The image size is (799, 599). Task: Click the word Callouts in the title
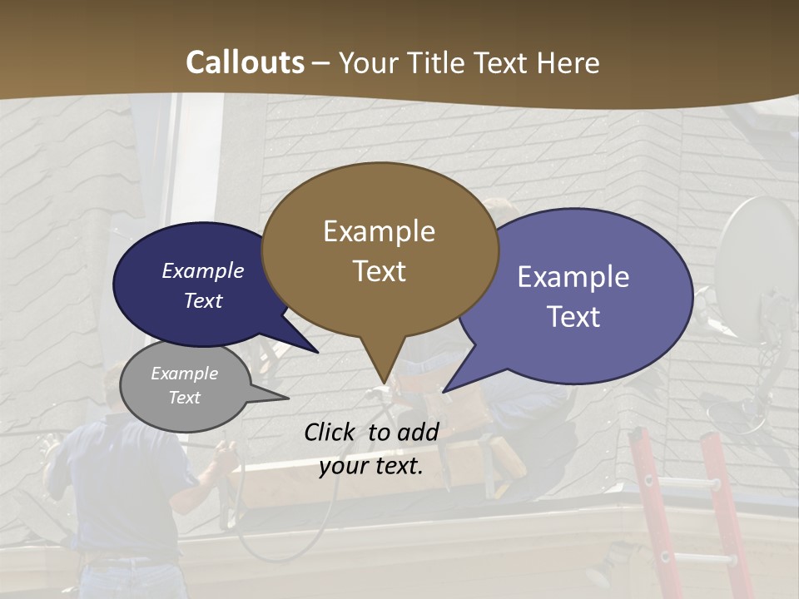[245, 62]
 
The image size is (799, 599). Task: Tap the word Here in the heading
[568, 62]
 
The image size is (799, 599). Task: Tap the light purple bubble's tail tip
[444, 391]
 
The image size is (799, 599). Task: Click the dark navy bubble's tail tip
[316, 352]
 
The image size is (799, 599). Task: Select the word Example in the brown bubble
[379, 231]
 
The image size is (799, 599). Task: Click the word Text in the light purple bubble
[573, 316]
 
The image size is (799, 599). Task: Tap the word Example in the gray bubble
[184, 374]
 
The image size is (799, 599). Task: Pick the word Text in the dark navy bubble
[203, 300]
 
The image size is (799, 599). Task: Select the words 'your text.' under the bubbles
[370, 465]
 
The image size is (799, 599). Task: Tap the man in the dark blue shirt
[125, 491]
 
